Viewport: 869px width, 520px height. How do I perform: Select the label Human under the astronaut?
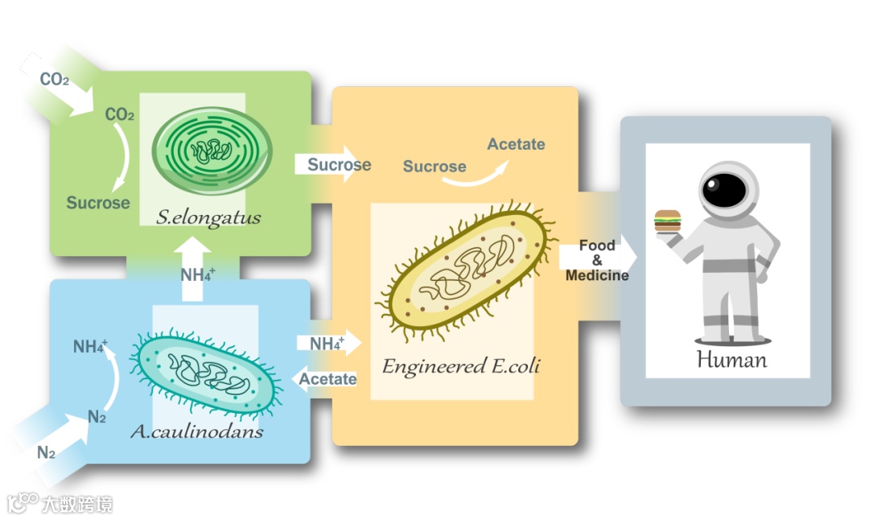click(731, 359)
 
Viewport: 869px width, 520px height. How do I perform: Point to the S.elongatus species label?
click(209, 217)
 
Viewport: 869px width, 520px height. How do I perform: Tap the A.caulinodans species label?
click(196, 432)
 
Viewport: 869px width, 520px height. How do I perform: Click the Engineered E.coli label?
click(460, 366)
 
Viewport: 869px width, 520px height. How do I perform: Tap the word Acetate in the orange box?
click(516, 144)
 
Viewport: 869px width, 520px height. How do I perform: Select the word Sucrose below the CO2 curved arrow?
click(97, 203)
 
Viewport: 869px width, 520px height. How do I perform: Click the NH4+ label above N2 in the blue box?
click(90, 347)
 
